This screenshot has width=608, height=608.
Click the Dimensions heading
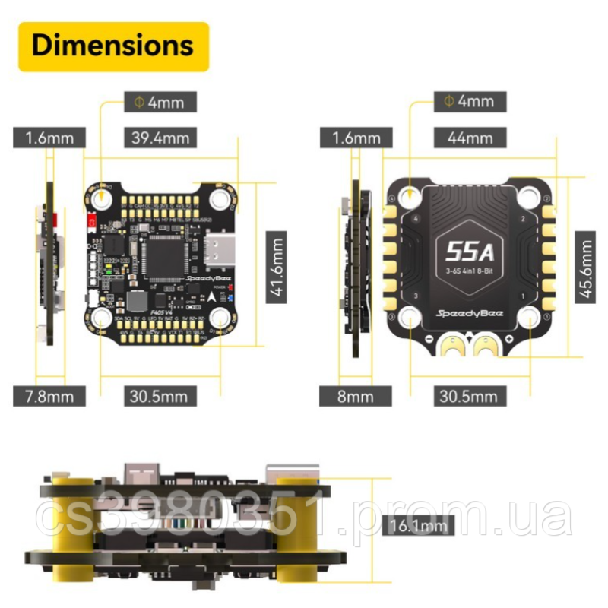coord(113,46)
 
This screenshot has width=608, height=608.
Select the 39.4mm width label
coord(160,138)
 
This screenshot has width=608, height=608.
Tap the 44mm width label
coord(470,138)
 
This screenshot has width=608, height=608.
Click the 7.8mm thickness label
coord(49,395)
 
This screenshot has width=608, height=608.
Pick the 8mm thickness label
coord(355,396)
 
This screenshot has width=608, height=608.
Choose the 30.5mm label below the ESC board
coord(470,396)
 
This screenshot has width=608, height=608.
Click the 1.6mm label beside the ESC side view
coord(355,138)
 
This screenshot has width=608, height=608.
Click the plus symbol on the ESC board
coord(508,338)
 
